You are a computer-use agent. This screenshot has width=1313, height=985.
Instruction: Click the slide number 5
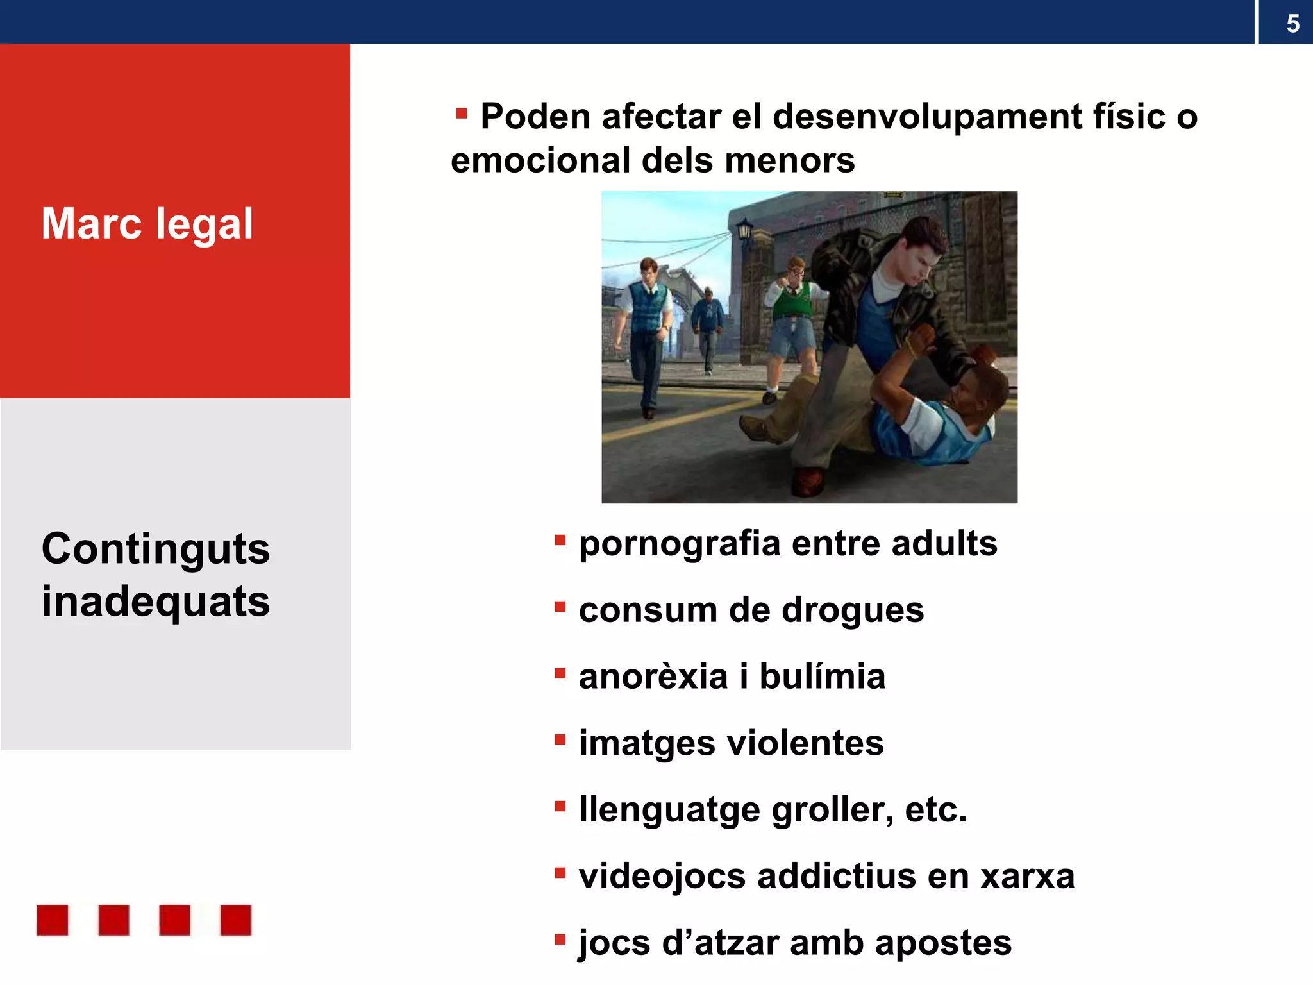pyautogui.click(x=1292, y=24)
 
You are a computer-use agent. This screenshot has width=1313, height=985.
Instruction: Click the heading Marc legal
pyautogui.click(x=147, y=224)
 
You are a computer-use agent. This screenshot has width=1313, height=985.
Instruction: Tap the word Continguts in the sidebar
pyautogui.click(x=156, y=549)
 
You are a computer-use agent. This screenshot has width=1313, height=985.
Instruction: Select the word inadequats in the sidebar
pyautogui.click(x=156, y=602)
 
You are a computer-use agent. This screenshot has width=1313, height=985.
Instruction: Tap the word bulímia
pyautogui.click(x=822, y=677)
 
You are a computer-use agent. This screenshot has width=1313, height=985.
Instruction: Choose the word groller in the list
pyautogui.click(x=832, y=810)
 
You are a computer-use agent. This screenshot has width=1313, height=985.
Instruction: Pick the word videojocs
pyautogui.click(x=662, y=877)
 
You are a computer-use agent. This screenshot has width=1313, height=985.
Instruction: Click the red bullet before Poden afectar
pyautogui.click(x=461, y=114)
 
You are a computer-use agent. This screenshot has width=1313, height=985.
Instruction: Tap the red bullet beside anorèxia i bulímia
pyautogui.click(x=560, y=673)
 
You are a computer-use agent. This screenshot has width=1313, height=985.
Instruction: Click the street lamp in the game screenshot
pyautogui.click(x=744, y=229)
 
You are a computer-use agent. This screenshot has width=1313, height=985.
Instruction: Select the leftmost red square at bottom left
pyautogui.click(x=53, y=920)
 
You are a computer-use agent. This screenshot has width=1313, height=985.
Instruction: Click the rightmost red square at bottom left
pyautogui.click(x=235, y=920)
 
